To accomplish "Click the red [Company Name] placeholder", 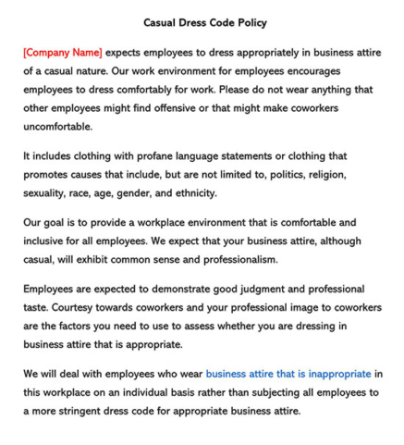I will (63, 53).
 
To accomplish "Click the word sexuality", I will (49, 193).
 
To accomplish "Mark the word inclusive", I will (50, 241).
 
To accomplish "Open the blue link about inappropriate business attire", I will (288, 375).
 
